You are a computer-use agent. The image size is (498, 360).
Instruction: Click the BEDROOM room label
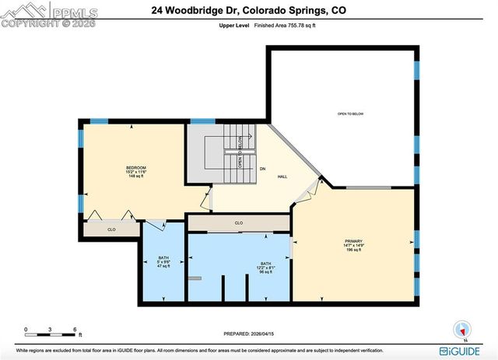pos(136,167)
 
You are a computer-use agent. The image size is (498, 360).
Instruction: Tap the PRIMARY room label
pos(355,240)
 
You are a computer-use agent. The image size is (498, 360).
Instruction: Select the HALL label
pos(284,177)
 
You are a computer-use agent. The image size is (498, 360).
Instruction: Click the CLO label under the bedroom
pos(111,229)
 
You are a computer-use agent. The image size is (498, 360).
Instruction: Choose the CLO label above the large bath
pos(239,223)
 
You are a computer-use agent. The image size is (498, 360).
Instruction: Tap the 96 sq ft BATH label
pos(266,272)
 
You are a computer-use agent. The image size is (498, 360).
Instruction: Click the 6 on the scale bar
pos(74,329)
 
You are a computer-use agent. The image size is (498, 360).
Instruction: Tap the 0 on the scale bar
pos(25,329)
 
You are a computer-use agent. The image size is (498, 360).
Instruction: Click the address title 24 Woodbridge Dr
pos(249,10)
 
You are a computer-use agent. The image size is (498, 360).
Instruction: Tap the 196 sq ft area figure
pos(355,250)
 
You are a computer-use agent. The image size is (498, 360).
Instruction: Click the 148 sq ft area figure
pos(136,177)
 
